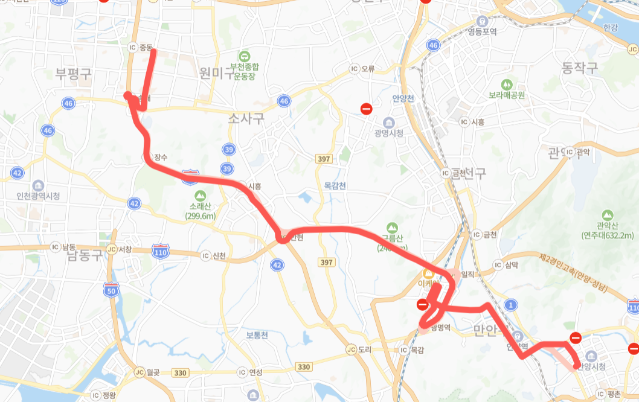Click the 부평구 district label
(73, 74)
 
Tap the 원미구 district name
(216, 74)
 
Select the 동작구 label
(579, 68)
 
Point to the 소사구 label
(246, 118)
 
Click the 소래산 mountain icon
(200, 196)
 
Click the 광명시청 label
(388, 133)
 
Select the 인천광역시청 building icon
(39, 185)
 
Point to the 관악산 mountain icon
(608, 215)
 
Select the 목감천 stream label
(335, 186)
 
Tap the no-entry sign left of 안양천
(366, 109)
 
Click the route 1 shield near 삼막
(512, 305)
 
